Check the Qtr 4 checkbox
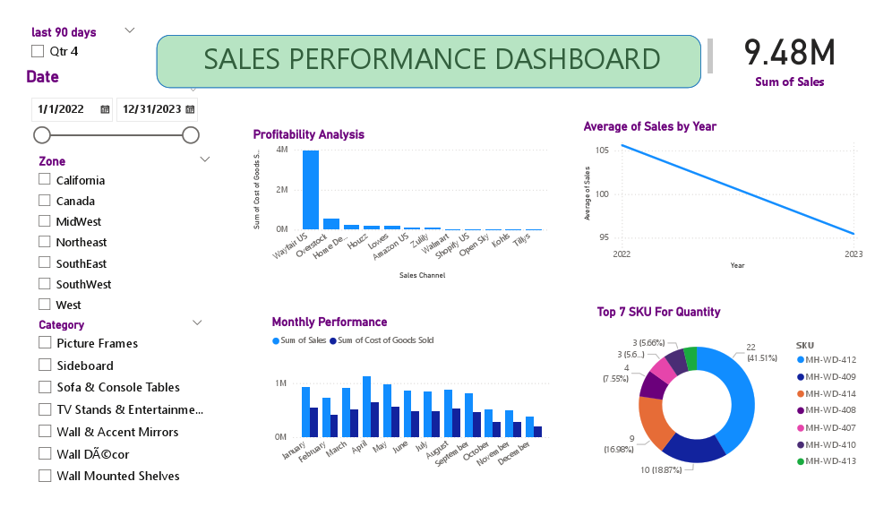(x=38, y=51)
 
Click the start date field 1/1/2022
(x=61, y=109)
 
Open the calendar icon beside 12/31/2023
(x=190, y=109)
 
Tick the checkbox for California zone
(x=45, y=179)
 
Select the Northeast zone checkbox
(x=45, y=242)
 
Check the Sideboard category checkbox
(x=45, y=365)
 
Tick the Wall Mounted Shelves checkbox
(x=45, y=476)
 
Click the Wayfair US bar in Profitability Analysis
(x=311, y=190)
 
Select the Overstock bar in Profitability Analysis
(x=331, y=224)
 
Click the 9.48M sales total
(x=789, y=54)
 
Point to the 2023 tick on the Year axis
(x=854, y=254)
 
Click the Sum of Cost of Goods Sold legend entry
(x=382, y=340)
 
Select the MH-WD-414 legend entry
(x=830, y=393)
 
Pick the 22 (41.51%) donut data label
(x=752, y=353)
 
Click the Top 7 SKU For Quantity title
(x=658, y=312)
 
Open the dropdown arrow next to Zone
(x=205, y=159)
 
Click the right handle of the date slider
(x=190, y=135)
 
